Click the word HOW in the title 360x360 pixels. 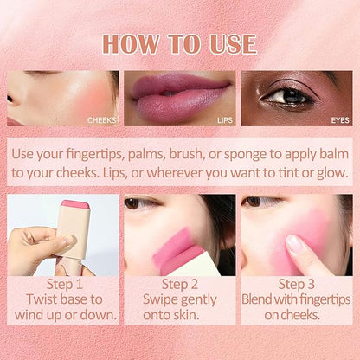click(x=131, y=44)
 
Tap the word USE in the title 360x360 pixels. click(x=233, y=44)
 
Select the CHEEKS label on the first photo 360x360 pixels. click(x=102, y=120)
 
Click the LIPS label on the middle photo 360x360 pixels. click(x=225, y=120)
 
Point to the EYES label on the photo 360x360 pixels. click(x=340, y=120)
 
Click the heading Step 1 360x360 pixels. click(x=65, y=284)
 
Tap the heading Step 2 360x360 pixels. click(x=180, y=284)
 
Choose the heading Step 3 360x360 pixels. click(x=296, y=284)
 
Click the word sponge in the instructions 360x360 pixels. click(x=246, y=155)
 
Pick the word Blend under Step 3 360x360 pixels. click(x=257, y=299)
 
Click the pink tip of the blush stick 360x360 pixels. click(x=75, y=204)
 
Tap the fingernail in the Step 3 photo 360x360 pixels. click(x=294, y=244)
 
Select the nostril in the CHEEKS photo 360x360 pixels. click(x=10, y=99)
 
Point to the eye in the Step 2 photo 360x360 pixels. click(x=136, y=203)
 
